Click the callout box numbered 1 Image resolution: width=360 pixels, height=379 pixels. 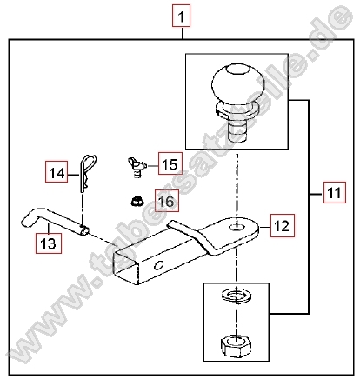pos(181,16)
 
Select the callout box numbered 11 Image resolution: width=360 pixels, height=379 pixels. pos(335,192)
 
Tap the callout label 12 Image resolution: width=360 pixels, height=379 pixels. pos(283,226)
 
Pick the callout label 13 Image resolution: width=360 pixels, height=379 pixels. pos(49,243)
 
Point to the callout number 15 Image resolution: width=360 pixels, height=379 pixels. pos(170,163)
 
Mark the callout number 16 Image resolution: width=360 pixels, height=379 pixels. pos(167,201)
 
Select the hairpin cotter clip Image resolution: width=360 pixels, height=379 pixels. pos(87,174)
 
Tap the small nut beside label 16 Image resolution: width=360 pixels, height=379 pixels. pos(136,201)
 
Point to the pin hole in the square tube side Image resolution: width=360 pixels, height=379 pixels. pos(159,265)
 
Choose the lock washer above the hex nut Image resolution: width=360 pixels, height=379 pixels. pos(236,296)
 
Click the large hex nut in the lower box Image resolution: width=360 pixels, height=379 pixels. pos(236,344)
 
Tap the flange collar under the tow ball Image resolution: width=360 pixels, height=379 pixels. pos(237,110)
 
